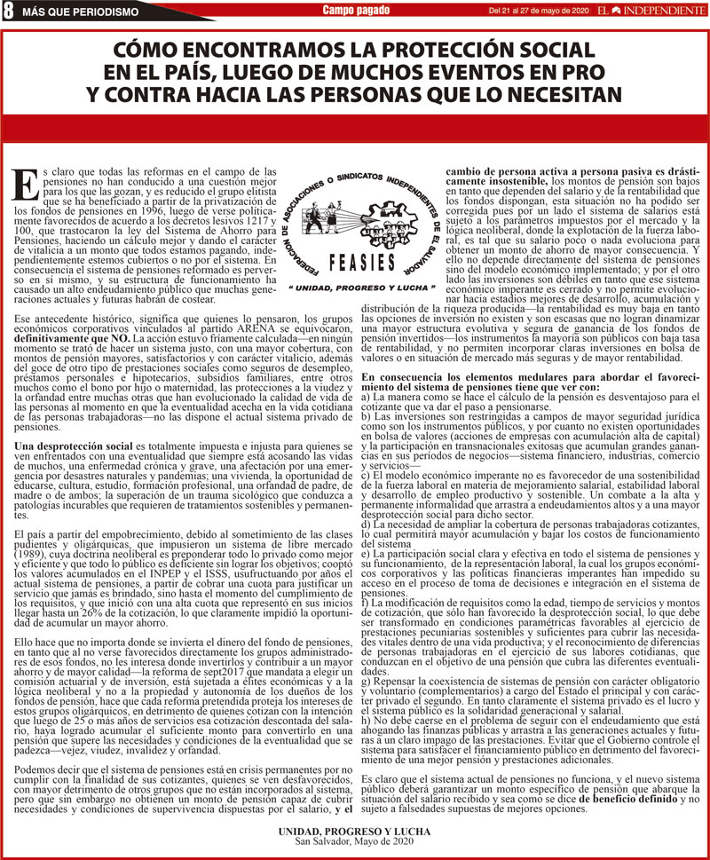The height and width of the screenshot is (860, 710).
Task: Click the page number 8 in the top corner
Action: point(8,10)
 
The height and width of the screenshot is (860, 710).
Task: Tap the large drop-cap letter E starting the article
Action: point(27,185)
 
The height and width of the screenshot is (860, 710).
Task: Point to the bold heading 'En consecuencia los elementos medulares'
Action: point(479,378)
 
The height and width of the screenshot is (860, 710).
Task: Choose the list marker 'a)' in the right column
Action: point(367,396)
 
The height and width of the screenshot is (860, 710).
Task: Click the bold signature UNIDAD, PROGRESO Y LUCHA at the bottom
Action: point(355,831)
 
